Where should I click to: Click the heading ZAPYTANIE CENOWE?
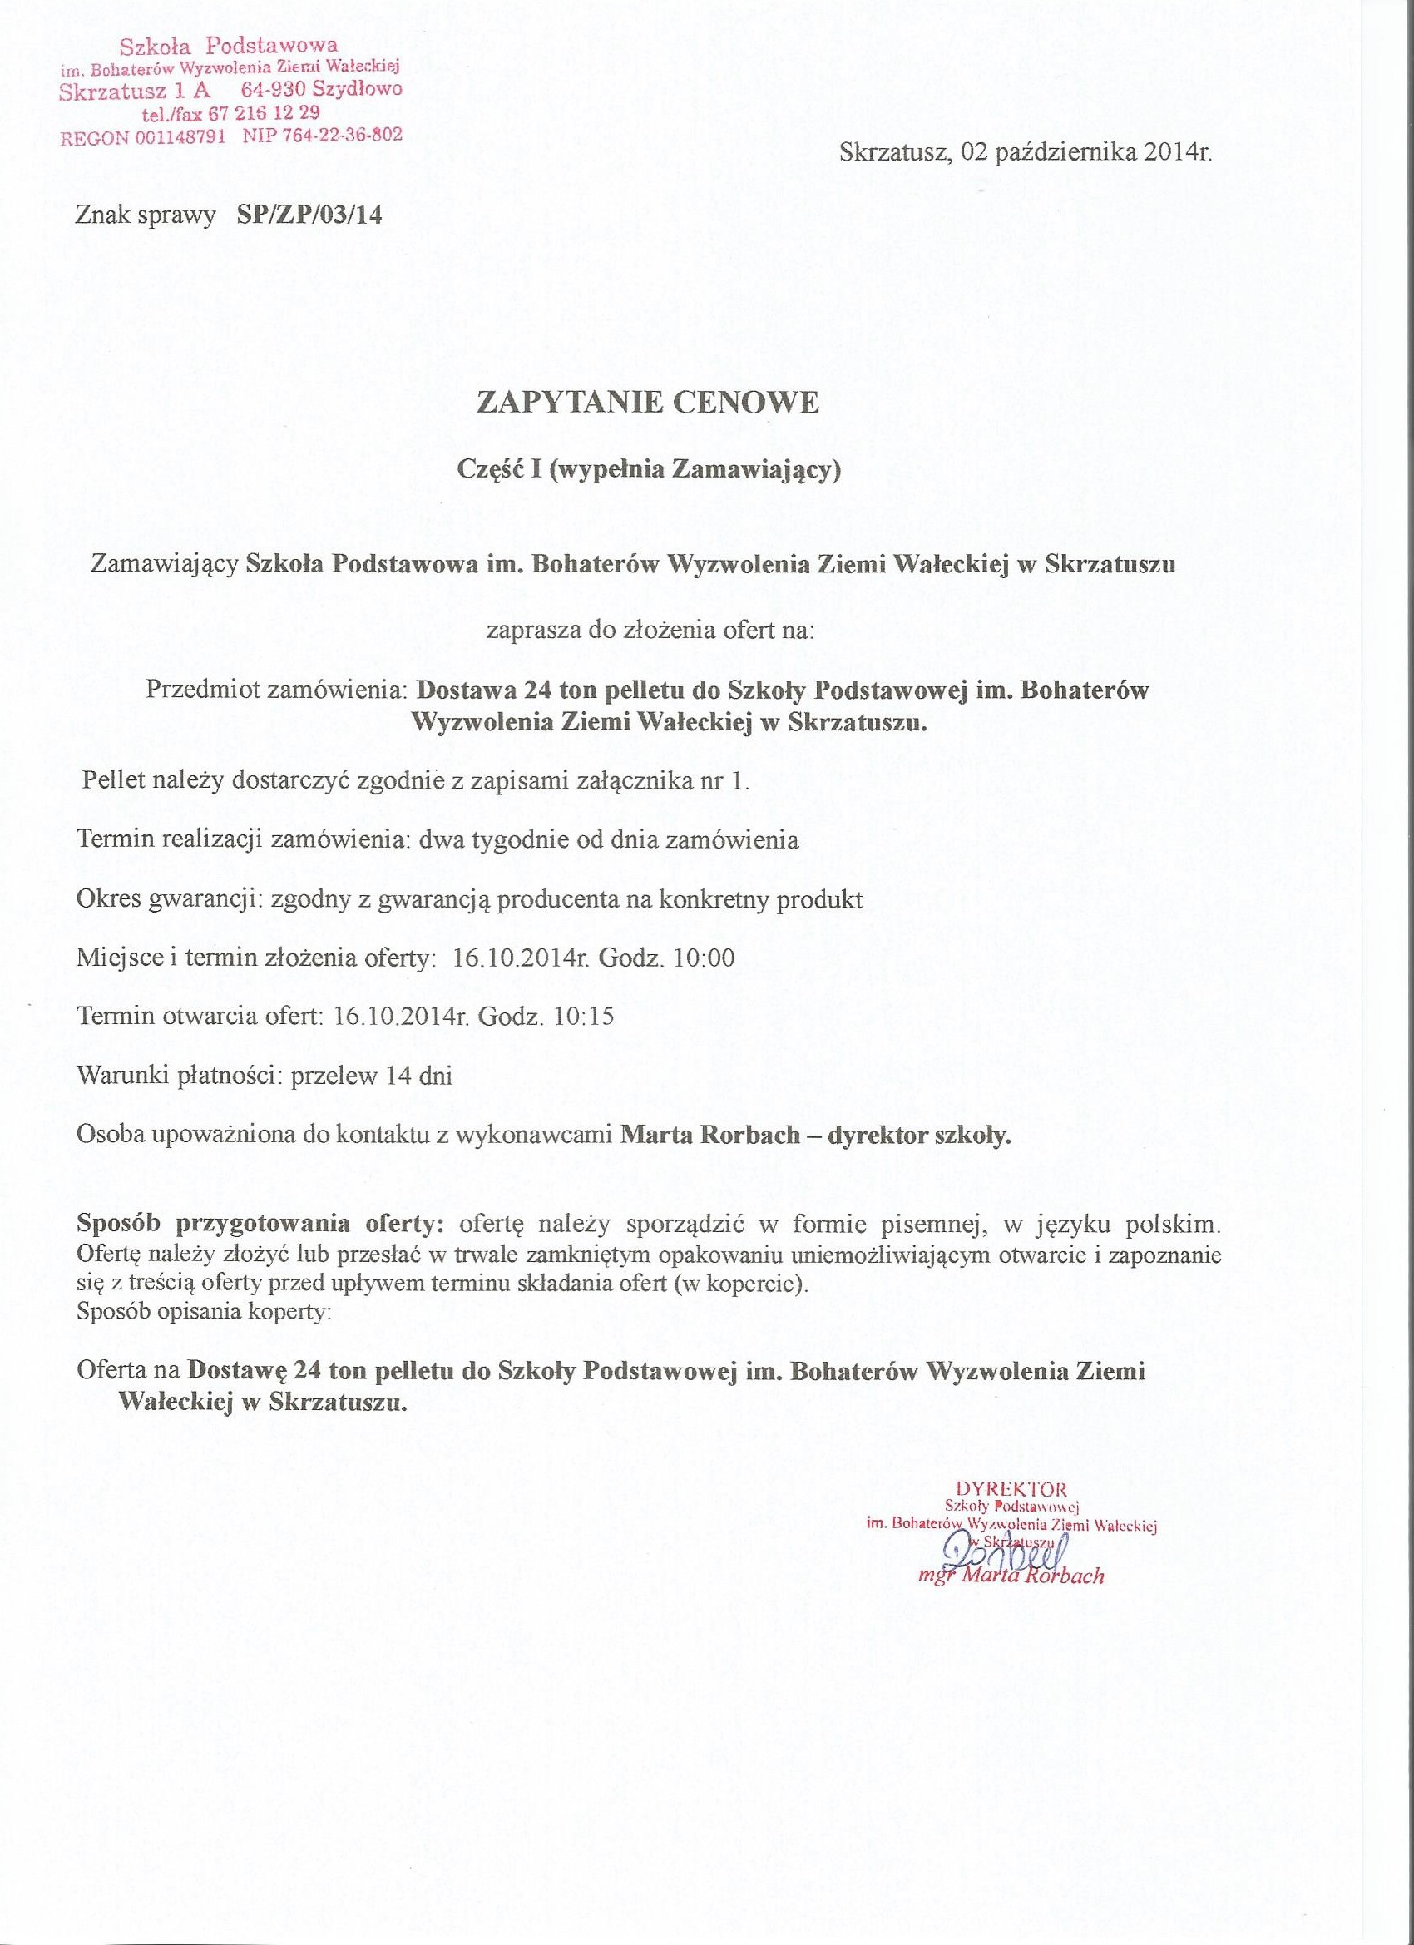[x=647, y=403]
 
